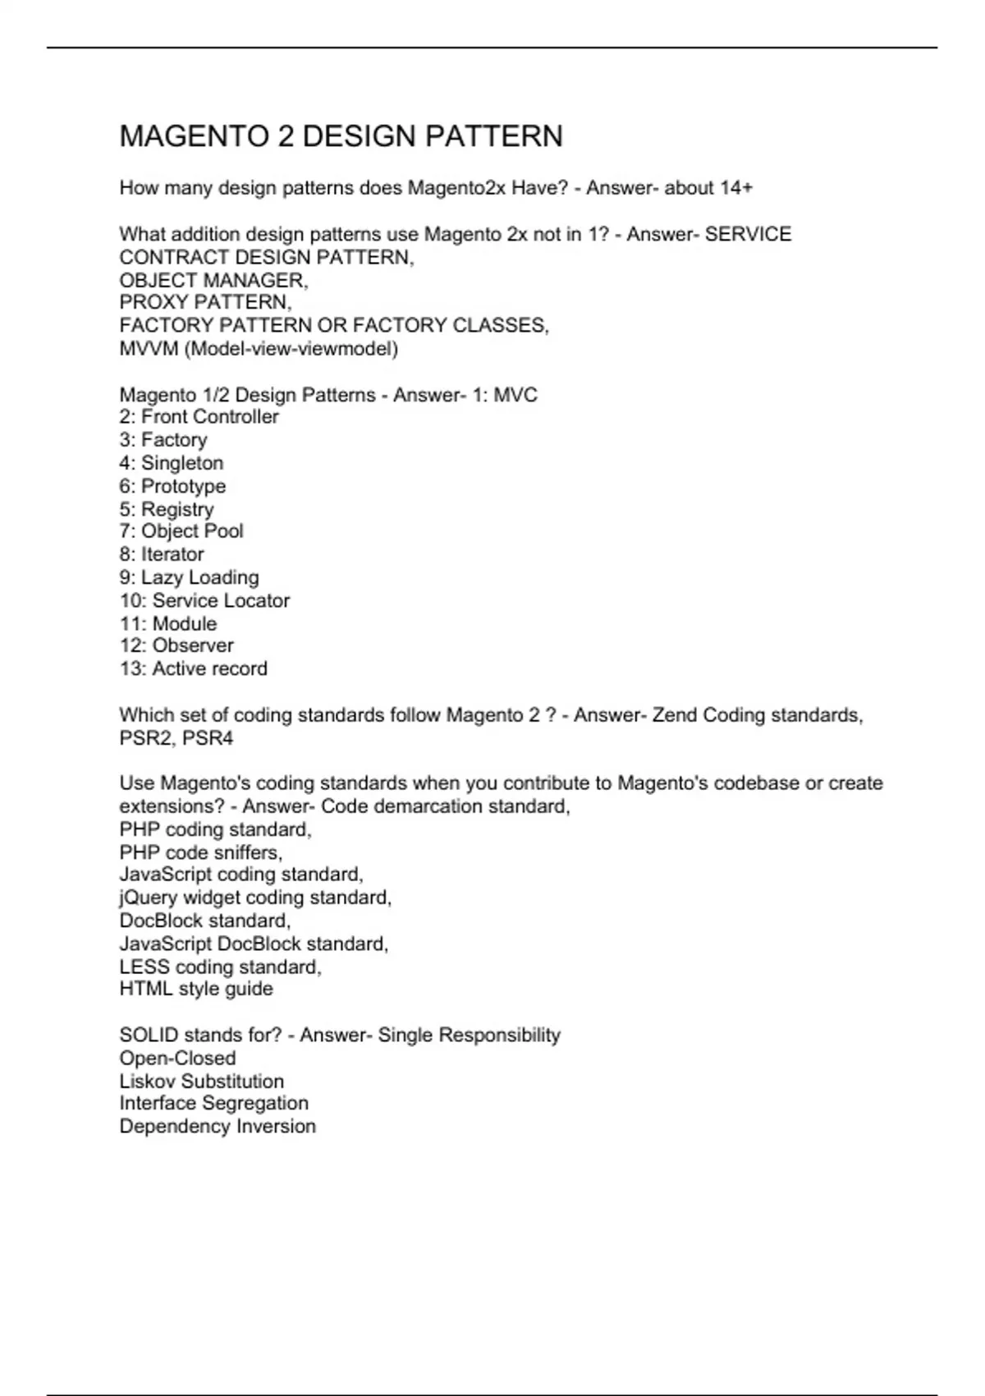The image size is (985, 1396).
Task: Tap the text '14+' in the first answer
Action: [736, 188]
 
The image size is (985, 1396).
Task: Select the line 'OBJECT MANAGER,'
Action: [213, 280]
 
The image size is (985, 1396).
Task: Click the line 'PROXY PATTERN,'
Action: [205, 302]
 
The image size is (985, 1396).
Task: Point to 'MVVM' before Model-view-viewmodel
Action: [149, 348]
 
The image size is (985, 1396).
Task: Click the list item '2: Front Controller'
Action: [199, 417]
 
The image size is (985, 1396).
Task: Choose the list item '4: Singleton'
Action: [171, 463]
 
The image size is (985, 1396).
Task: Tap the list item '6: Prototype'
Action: [172, 486]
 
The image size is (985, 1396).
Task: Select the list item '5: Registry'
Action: [167, 509]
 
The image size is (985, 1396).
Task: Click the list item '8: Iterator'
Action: [162, 554]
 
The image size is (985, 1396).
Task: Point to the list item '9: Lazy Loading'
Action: [189, 577]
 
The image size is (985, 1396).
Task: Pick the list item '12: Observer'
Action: [176, 645]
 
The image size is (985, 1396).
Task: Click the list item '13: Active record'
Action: [193, 668]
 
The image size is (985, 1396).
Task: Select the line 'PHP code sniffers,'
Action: [200, 852]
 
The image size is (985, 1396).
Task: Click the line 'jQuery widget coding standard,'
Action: [255, 898]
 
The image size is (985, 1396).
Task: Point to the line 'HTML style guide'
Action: [196, 989]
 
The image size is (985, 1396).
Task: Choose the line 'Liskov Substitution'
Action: [201, 1081]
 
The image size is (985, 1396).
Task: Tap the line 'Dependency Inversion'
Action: [218, 1126]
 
